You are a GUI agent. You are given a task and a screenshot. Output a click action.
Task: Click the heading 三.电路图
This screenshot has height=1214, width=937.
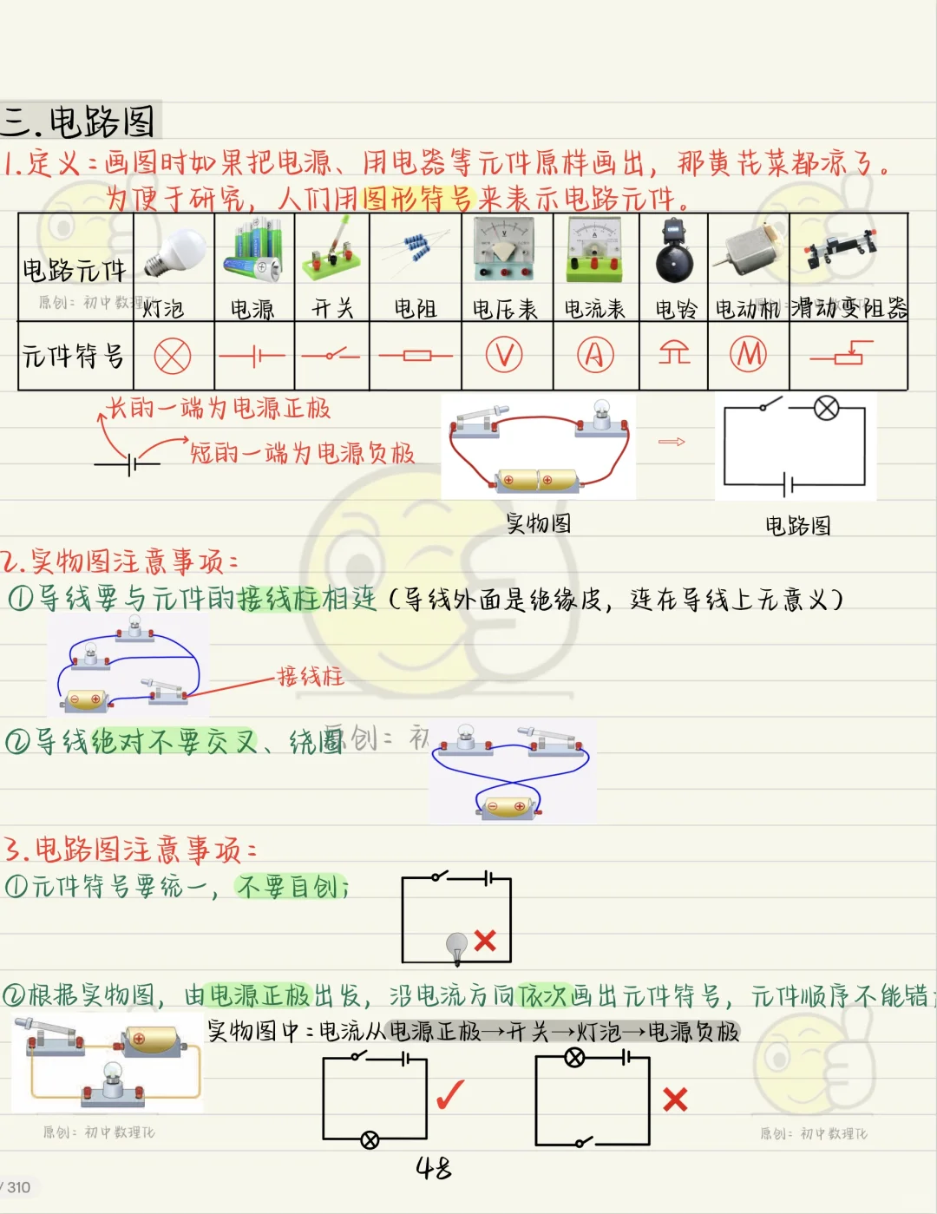click(x=79, y=121)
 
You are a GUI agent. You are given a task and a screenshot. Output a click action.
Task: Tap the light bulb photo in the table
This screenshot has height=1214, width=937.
click(x=174, y=253)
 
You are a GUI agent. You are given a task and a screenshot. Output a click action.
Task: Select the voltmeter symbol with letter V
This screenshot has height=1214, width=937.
click(x=504, y=355)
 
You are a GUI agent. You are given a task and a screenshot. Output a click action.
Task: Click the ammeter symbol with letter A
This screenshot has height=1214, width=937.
click(x=595, y=355)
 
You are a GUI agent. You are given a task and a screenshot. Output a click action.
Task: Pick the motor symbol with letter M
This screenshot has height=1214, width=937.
click(x=748, y=354)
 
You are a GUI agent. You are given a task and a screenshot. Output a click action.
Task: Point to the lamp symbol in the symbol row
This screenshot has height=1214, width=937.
click(x=173, y=356)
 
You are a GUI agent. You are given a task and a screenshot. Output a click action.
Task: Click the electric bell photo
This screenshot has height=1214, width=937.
click(x=673, y=253)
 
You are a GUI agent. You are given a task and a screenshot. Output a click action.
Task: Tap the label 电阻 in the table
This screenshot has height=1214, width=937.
click(x=415, y=309)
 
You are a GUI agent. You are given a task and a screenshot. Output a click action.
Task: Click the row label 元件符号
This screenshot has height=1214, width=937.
click(x=74, y=356)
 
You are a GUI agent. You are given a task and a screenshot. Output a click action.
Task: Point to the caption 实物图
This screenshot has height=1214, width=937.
click(x=539, y=523)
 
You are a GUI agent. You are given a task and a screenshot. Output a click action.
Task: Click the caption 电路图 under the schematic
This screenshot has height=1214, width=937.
click(x=797, y=526)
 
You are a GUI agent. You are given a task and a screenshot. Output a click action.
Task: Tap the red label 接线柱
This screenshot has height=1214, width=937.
click(x=311, y=676)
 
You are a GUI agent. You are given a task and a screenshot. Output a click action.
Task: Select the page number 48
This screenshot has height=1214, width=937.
click(x=434, y=1168)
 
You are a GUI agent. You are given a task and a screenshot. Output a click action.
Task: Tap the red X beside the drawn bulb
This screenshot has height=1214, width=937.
click(x=485, y=941)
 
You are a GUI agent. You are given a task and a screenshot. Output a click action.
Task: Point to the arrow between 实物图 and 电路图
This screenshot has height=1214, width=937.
click(x=672, y=442)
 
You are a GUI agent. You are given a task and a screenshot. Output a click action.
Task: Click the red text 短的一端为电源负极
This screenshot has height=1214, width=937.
click(x=302, y=453)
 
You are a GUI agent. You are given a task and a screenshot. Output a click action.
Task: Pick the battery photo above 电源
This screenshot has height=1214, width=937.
click(x=253, y=252)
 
